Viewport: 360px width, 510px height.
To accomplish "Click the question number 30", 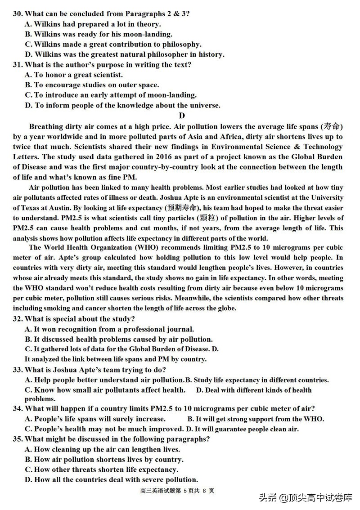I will pos(18,13).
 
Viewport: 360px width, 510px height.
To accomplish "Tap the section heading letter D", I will pos(182,116).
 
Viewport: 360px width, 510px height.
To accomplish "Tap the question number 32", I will pos(18,319).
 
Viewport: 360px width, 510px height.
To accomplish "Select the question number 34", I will pos(18,408).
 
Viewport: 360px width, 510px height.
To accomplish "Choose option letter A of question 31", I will pos(28,75).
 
